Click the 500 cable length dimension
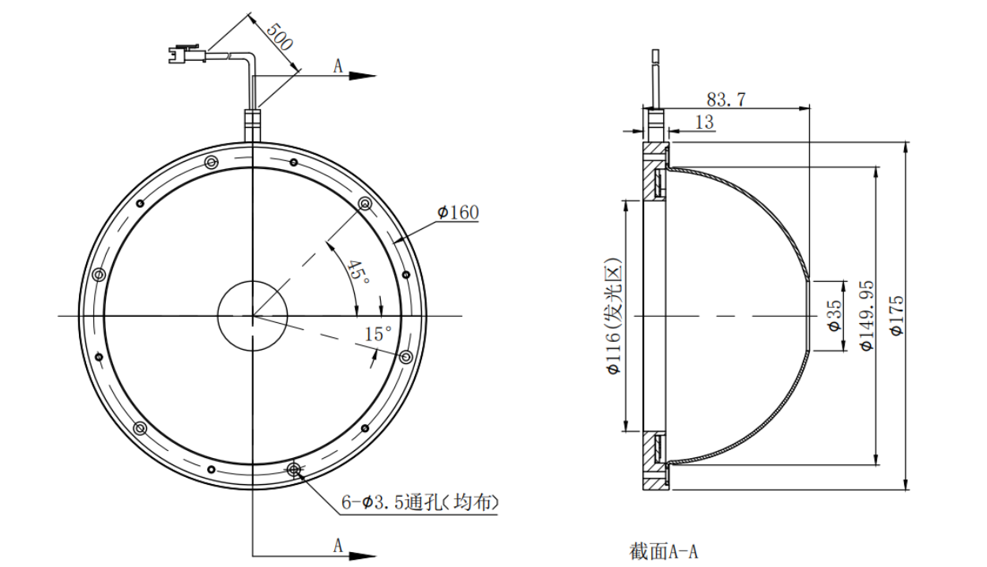[x=278, y=36]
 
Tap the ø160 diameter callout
[x=458, y=212]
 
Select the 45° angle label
[x=358, y=272]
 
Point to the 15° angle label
[x=378, y=334]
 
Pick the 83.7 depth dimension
[x=726, y=100]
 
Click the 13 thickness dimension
[x=704, y=122]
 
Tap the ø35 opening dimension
[x=832, y=315]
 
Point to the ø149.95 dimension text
[x=866, y=316]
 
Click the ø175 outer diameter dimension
[x=896, y=316]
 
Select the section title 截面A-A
[x=664, y=551]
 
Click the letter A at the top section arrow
[x=337, y=66]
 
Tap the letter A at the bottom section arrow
[x=337, y=545]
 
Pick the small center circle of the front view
[x=253, y=316]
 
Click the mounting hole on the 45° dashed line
[x=365, y=204]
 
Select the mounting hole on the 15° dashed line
[x=406, y=357]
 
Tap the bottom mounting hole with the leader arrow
[x=295, y=471]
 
